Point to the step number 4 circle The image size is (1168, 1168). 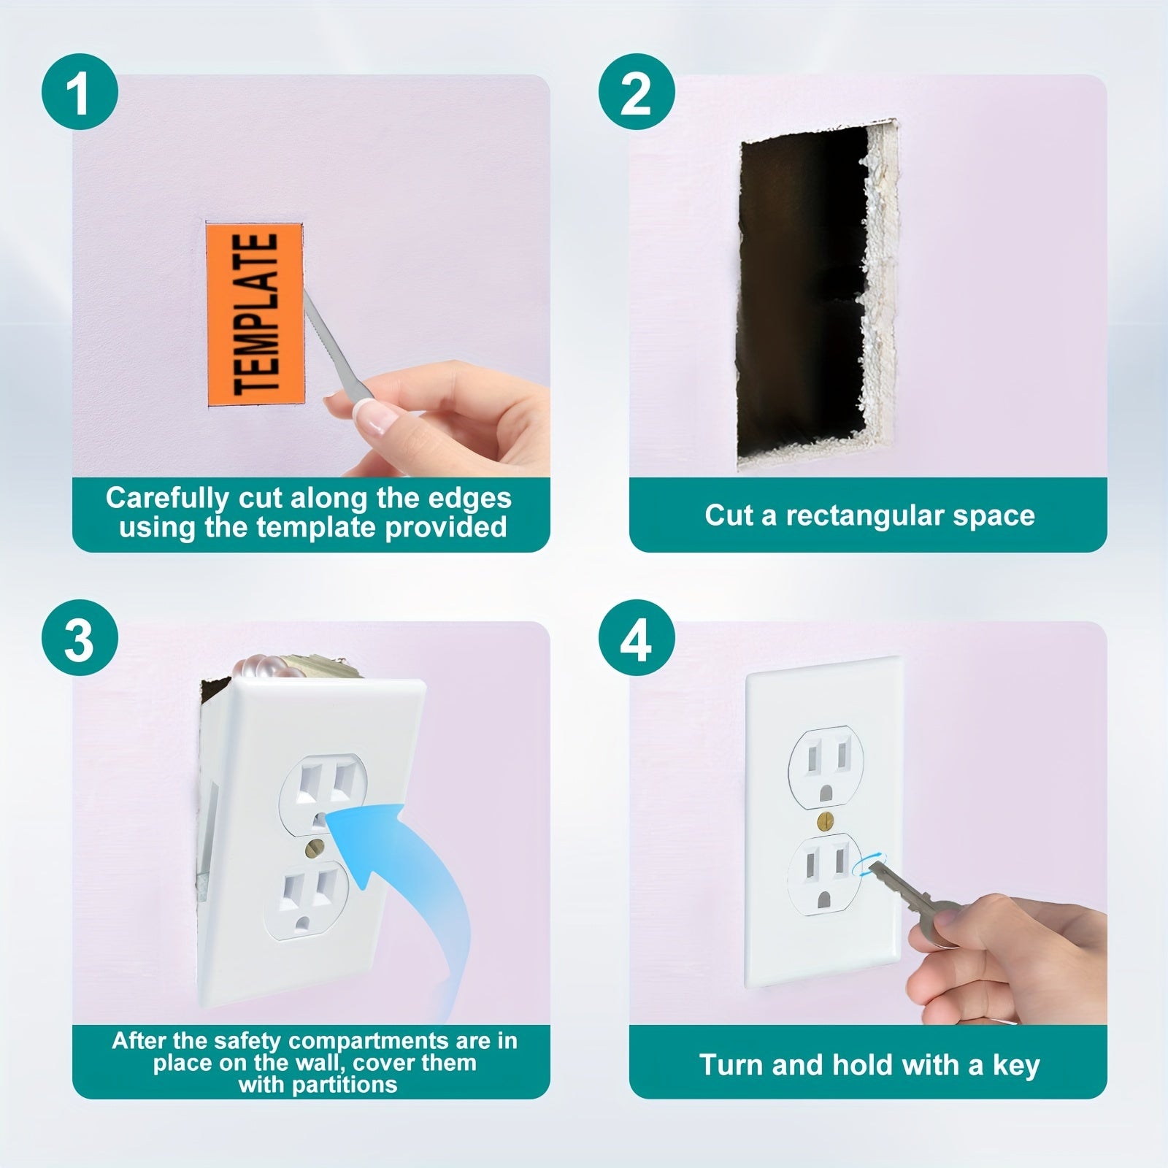coord(635,637)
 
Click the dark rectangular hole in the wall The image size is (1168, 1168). coord(796,292)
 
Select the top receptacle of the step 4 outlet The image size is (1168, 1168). coord(823,768)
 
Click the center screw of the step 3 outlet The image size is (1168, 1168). coord(316,845)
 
